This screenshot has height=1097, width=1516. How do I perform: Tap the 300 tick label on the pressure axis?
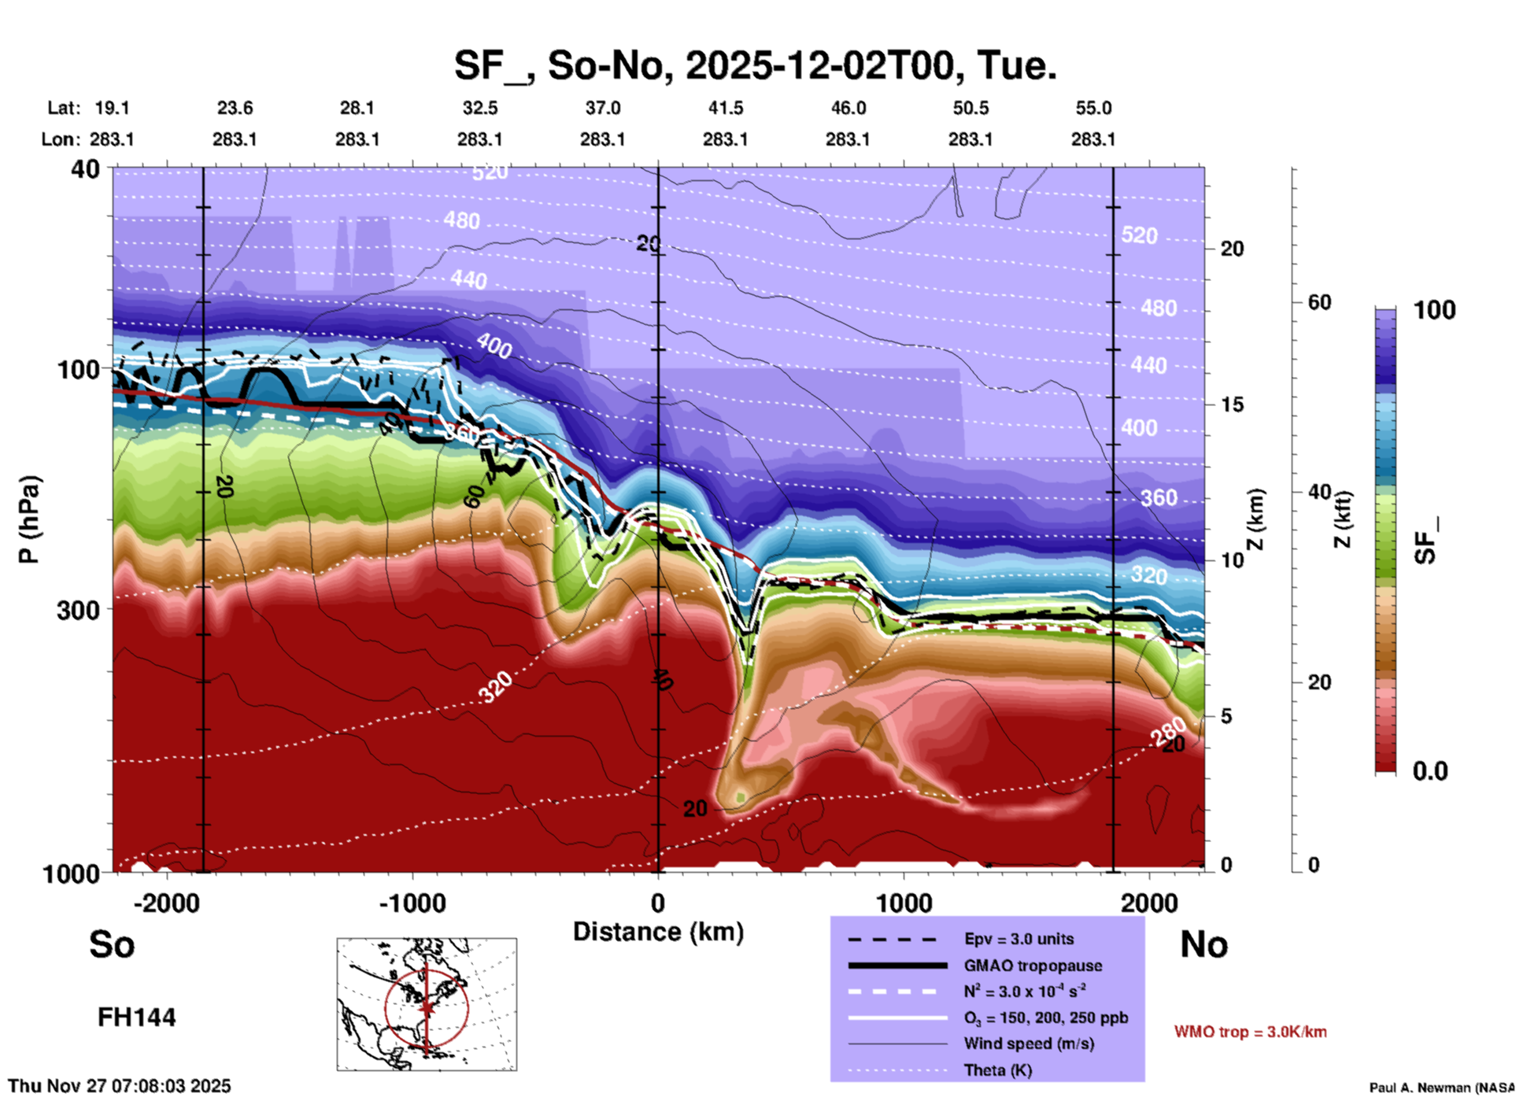(x=79, y=610)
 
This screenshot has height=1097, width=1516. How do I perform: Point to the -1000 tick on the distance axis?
(x=412, y=903)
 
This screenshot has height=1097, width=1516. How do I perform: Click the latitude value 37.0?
(x=602, y=108)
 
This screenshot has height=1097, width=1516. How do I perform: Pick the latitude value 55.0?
(x=1093, y=108)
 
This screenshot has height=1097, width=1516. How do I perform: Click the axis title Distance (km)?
(x=658, y=932)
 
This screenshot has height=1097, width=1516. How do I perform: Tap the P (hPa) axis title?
(x=29, y=519)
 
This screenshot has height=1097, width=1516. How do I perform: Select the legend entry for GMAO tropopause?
(x=1033, y=966)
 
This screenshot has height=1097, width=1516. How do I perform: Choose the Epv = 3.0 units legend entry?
(x=1019, y=939)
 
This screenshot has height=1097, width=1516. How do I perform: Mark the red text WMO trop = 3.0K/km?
(x=1250, y=1032)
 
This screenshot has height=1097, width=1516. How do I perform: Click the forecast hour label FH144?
(x=136, y=1018)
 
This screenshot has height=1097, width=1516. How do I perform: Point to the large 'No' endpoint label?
(x=1204, y=944)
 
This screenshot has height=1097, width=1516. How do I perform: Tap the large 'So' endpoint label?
(x=112, y=944)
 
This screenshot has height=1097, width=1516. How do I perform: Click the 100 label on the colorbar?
(x=1434, y=310)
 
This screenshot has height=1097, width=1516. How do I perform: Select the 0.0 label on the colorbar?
(x=1429, y=771)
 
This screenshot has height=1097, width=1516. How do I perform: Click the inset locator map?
(x=427, y=1004)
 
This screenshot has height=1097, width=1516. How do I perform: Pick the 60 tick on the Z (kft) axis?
(x=1319, y=302)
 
